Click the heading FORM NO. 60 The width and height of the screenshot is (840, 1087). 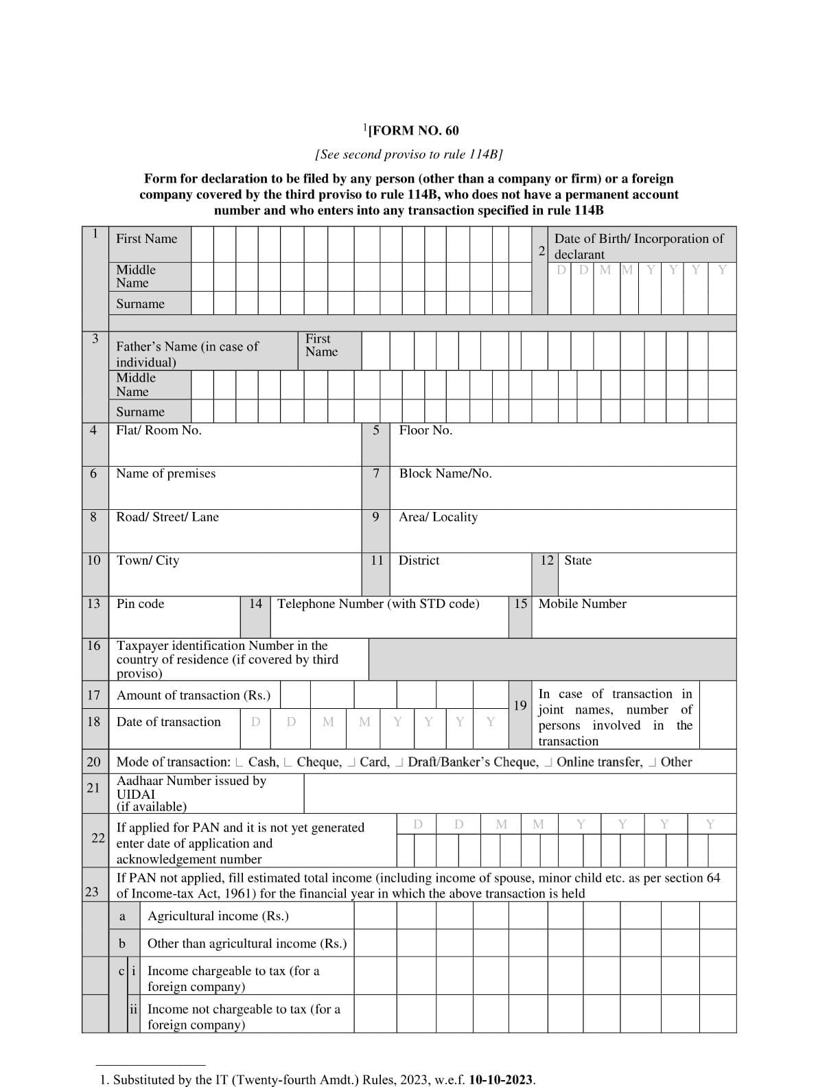point(412,130)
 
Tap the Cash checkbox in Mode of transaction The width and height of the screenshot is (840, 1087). point(239,762)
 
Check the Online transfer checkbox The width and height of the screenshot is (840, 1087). point(549,762)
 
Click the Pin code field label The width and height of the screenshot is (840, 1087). point(140,604)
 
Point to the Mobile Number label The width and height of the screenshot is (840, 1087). point(582,604)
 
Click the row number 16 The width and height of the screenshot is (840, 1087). point(94,646)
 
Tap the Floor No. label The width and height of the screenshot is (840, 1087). point(425,430)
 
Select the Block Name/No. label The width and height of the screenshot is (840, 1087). point(445,474)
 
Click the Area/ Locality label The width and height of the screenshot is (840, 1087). point(438,517)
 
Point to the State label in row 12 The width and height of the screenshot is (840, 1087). point(577,561)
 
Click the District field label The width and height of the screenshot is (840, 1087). point(419,561)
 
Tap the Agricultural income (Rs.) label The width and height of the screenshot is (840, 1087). point(218,916)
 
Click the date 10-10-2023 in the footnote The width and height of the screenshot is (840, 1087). point(501,1079)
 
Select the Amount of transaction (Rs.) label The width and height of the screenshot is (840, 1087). point(194,695)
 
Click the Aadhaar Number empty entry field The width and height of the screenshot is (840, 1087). point(520,793)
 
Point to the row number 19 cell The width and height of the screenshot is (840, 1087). point(520,705)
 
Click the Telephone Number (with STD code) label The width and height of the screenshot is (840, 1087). point(378,604)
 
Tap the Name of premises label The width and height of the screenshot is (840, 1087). point(165,474)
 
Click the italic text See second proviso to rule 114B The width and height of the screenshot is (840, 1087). point(409,154)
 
